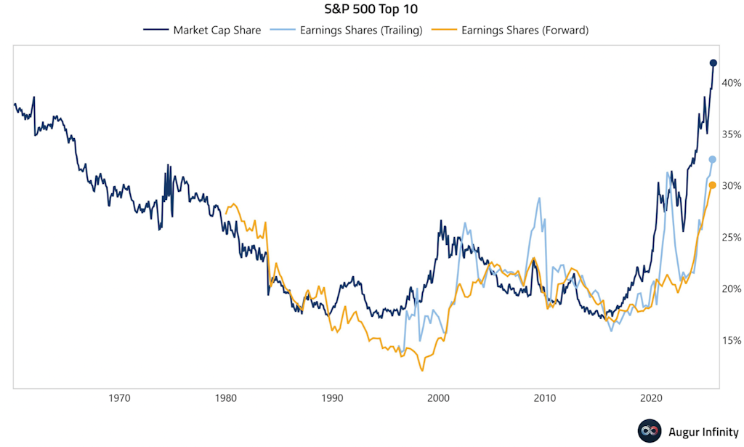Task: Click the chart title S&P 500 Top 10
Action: coord(371,11)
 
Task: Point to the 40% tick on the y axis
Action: coord(730,83)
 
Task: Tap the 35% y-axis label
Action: coord(730,134)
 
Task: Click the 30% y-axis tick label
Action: coord(730,186)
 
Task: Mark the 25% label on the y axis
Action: coord(730,238)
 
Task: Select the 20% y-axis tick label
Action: coord(730,289)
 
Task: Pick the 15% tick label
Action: coord(730,341)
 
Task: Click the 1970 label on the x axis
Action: coord(119,398)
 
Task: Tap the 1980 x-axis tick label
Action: coord(225,398)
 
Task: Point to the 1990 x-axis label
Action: coord(332,398)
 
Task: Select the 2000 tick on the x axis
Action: coord(438,398)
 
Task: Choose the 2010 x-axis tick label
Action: coord(545,398)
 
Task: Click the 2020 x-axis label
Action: coord(651,398)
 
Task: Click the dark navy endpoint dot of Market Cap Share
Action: coord(713,63)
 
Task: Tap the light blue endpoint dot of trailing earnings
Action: coord(713,159)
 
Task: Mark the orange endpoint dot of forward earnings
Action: coord(713,185)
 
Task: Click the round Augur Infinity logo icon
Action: coord(649,431)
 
